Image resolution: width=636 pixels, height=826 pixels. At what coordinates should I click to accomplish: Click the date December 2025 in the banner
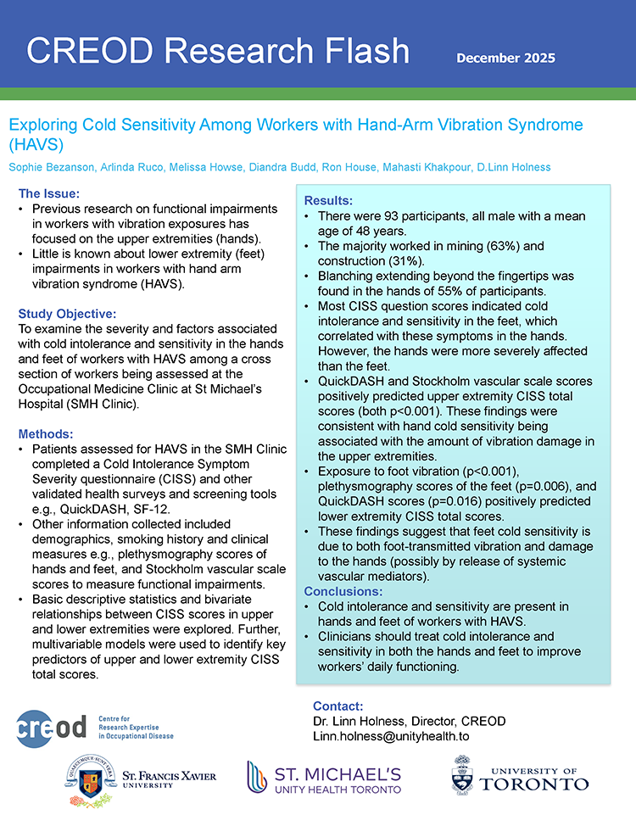click(x=505, y=58)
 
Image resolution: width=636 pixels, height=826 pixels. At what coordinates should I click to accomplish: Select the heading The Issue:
click(x=50, y=193)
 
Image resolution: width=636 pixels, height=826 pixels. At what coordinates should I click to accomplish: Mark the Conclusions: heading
click(x=343, y=591)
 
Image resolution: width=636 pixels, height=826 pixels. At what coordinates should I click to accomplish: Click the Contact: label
click(x=338, y=706)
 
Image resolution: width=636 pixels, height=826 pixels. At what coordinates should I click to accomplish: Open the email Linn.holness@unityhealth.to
click(x=391, y=736)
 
